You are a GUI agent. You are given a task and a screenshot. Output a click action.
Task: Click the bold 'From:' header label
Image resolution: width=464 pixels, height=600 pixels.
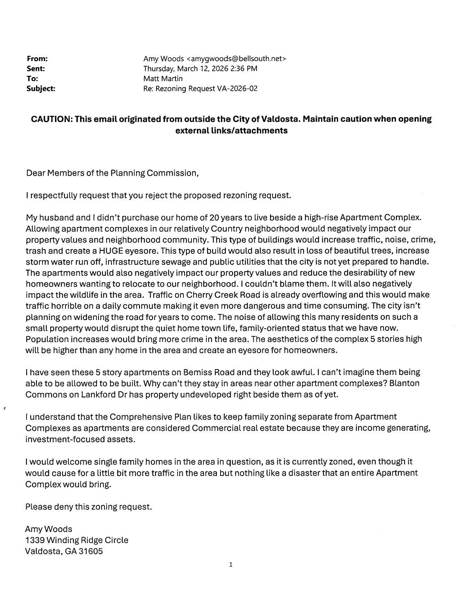(x=37, y=59)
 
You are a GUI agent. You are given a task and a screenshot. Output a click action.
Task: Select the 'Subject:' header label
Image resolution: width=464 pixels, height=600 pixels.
(x=41, y=88)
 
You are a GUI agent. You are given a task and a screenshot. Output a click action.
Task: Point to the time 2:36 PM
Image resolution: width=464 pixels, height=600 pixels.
(x=241, y=68)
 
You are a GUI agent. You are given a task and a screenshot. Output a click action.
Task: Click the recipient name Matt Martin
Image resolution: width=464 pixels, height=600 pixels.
(x=163, y=79)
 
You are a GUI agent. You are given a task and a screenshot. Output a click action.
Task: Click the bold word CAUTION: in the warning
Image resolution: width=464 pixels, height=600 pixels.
(x=52, y=119)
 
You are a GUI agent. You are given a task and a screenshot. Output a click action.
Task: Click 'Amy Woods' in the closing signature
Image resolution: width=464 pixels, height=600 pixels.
(x=49, y=529)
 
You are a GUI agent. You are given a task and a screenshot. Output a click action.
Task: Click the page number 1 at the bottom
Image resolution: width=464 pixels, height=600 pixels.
(x=231, y=565)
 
